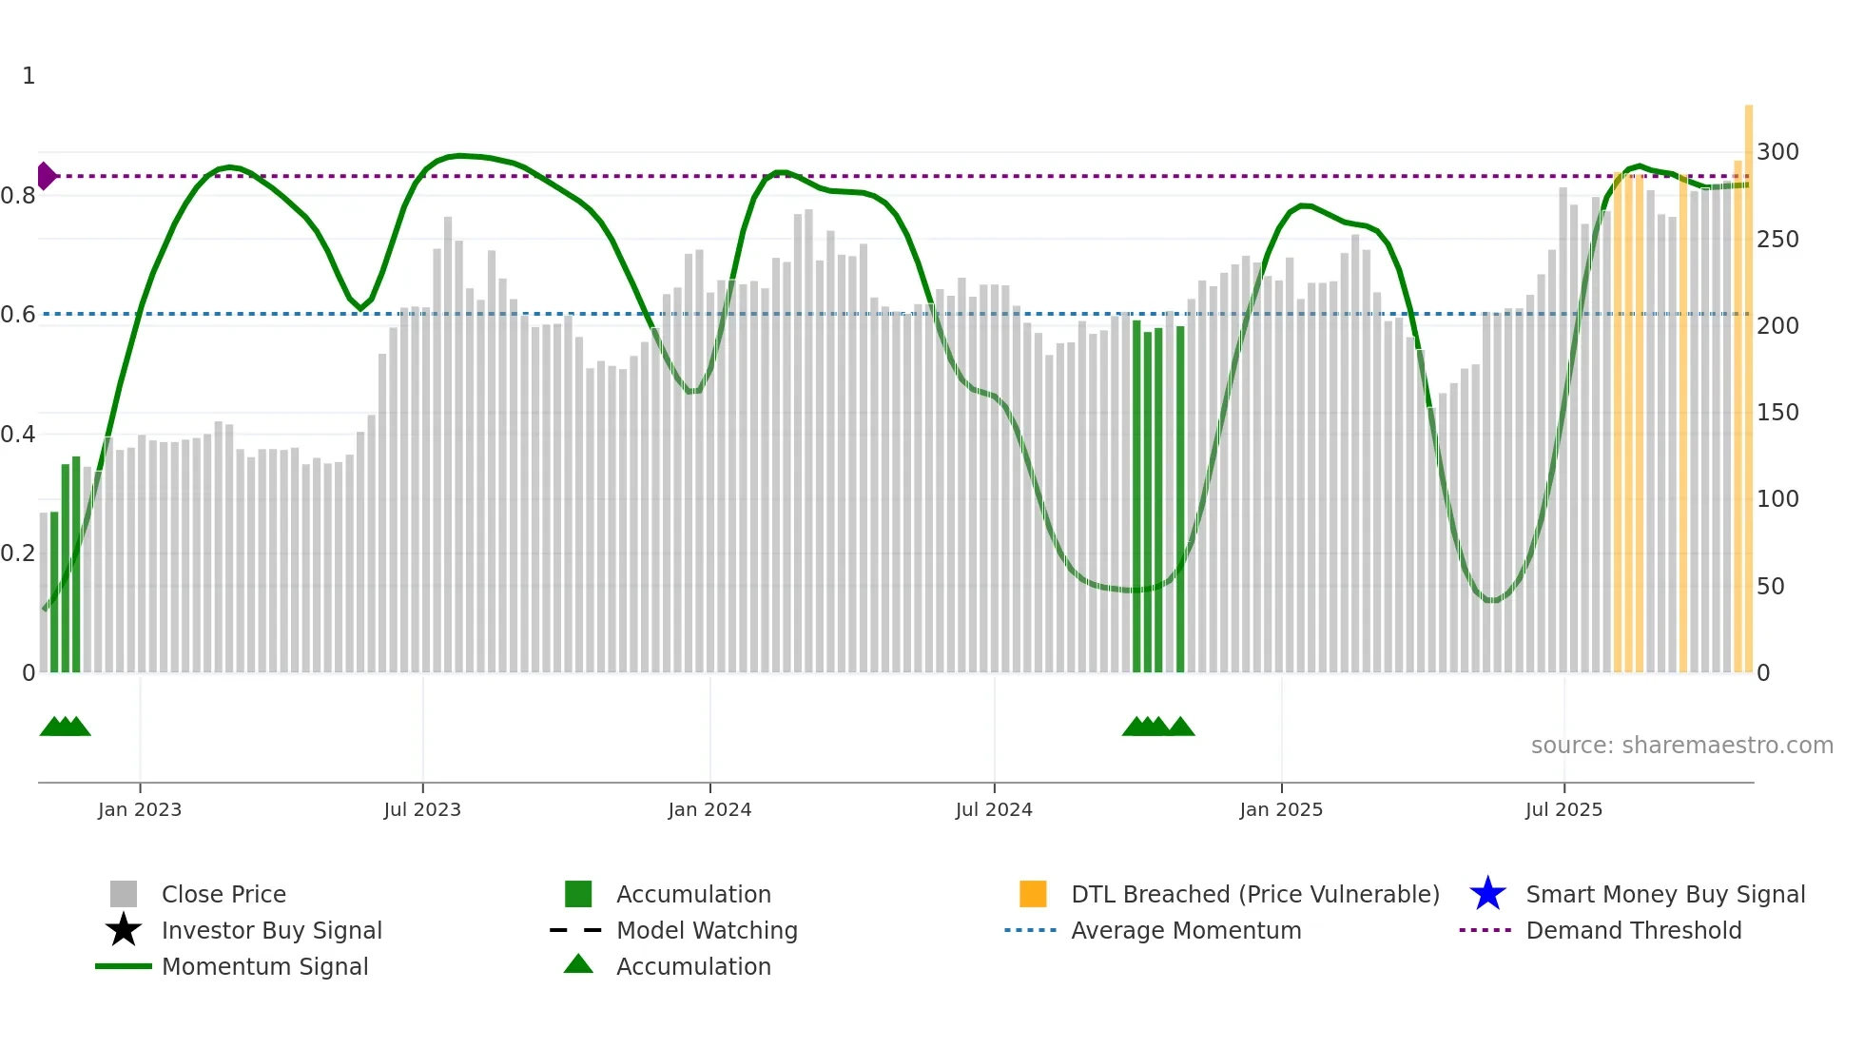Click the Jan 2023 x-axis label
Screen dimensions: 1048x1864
(140, 809)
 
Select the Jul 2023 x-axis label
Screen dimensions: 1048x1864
(422, 809)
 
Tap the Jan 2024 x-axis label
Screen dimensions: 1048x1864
(709, 809)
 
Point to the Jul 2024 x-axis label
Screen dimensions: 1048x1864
(994, 809)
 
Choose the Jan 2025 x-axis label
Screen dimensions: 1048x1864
(1281, 809)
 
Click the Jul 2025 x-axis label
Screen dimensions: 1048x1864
(1563, 809)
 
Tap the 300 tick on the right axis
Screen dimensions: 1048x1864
(1777, 152)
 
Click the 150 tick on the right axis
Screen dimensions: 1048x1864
(1777, 413)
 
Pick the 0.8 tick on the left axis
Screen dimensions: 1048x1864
(18, 196)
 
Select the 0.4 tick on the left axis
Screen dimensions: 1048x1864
(18, 435)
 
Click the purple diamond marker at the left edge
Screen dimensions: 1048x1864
(46, 176)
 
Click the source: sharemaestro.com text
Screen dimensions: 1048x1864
(1681, 746)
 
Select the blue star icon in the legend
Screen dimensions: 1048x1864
(1487, 894)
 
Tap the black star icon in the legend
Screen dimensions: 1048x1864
(124, 930)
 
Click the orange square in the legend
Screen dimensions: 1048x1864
(1033, 894)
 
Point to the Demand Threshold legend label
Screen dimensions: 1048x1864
(1633, 930)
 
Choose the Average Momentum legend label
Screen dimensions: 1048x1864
(1186, 930)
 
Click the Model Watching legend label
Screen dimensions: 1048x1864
(707, 930)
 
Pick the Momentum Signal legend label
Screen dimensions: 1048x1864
(264, 966)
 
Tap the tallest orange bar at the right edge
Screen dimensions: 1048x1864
(1748, 380)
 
